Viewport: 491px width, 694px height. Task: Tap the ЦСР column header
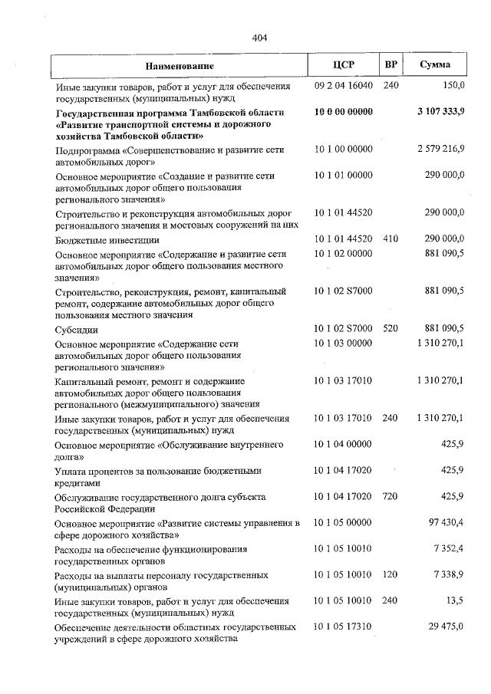tap(344, 66)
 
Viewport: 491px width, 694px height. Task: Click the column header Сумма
tap(435, 66)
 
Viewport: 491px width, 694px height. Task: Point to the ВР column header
tap(390, 66)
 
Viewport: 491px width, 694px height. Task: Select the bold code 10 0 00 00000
tap(344, 112)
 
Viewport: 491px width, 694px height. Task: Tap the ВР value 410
tap(390, 238)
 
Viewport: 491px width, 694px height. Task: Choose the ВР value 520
tap(390, 328)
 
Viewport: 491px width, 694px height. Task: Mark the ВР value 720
tap(390, 498)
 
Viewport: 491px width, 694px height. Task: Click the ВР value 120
tap(390, 574)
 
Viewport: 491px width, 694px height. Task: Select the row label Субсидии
tap(76, 329)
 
